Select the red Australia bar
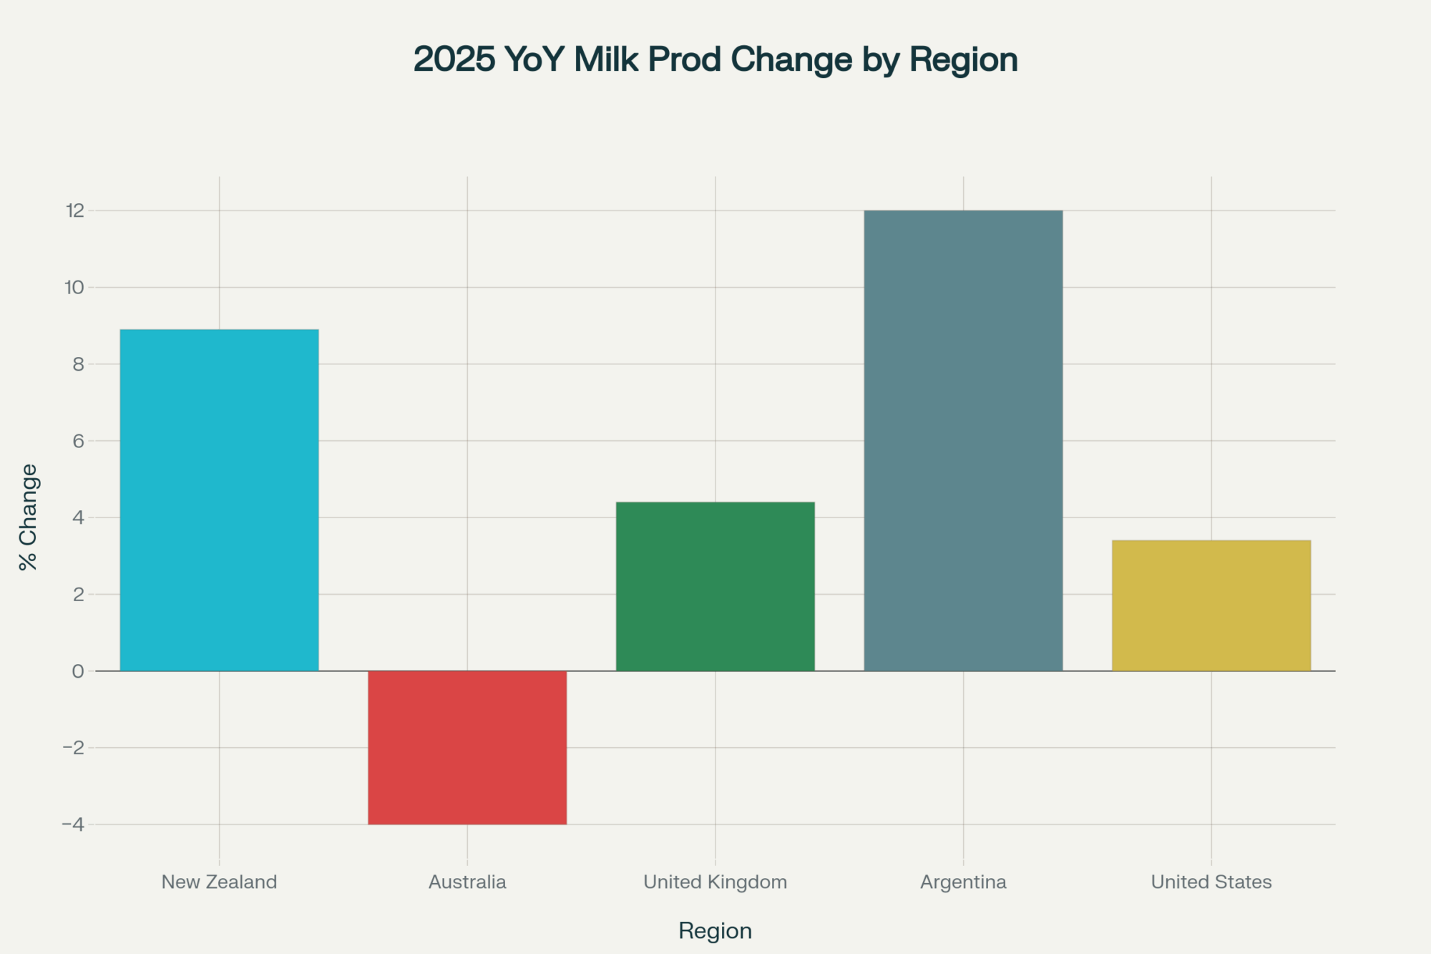tap(467, 747)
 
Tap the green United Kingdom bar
tap(715, 586)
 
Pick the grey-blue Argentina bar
tap(963, 440)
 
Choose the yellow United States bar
tap(1211, 605)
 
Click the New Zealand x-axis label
tap(219, 882)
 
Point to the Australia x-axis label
tap(467, 882)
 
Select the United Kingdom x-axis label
tap(715, 882)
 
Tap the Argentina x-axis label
tap(963, 882)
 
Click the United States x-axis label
tap(1211, 882)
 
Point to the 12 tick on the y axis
tap(75, 210)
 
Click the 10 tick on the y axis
tap(74, 287)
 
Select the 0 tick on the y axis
tap(78, 671)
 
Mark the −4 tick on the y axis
tap(73, 824)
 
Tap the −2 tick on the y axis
tap(73, 748)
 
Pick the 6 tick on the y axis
tap(78, 441)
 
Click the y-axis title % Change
tap(29, 517)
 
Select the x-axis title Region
tap(715, 930)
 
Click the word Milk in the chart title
tap(607, 59)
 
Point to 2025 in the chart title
tap(454, 59)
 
